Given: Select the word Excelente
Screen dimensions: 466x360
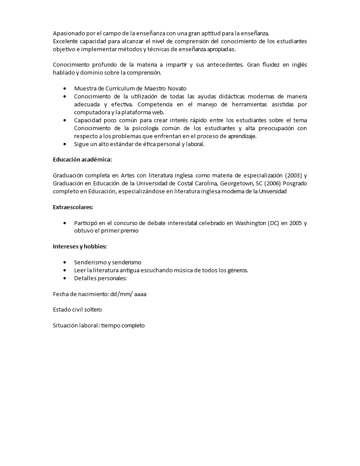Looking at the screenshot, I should (x=66, y=41).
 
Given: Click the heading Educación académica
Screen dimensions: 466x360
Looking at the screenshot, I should (x=82, y=160).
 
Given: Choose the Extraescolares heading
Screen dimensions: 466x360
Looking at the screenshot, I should (x=73, y=207).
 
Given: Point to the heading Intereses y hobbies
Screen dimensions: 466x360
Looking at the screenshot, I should (x=79, y=246).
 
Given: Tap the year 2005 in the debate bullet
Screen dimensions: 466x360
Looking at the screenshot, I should (x=296, y=223).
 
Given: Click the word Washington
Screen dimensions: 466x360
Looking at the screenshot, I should (x=247, y=223).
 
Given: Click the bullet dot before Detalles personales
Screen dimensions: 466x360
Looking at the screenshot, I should (x=65, y=278).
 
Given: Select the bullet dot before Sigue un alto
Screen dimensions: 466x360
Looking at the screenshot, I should (x=65, y=144).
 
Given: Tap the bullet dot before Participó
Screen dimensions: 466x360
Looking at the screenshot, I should (x=65, y=223).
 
